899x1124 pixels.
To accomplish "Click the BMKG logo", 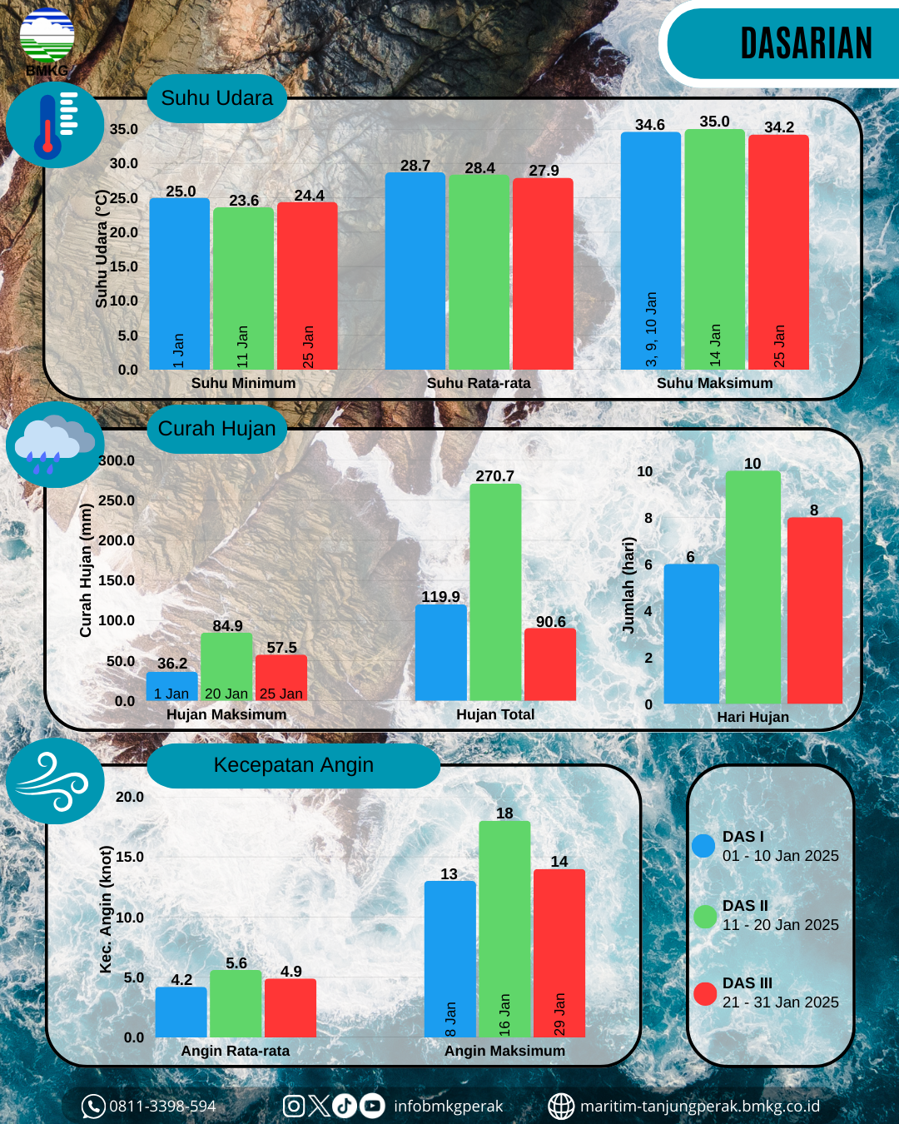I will [x=47, y=40].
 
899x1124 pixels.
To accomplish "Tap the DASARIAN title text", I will [x=806, y=44].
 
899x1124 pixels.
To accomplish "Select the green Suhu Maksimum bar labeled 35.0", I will [x=714, y=249].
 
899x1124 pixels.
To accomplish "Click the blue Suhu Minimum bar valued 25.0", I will [x=179, y=283].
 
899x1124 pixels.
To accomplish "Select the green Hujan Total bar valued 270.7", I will [x=495, y=592].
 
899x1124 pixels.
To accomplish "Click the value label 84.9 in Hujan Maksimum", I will [x=227, y=626].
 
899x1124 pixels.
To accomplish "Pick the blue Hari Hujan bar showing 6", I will [x=691, y=634].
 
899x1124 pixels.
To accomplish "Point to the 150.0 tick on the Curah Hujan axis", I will [x=117, y=580].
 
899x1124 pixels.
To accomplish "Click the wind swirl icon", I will [x=55, y=781].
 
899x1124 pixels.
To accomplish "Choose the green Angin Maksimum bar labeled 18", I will [x=504, y=928].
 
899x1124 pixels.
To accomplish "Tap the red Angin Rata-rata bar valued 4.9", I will [x=291, y=1007].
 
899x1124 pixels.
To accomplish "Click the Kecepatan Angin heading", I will [x=293, y=765].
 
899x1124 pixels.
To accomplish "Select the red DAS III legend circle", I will [x=705, y=993].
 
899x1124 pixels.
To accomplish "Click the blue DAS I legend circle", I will [x=703, y=847].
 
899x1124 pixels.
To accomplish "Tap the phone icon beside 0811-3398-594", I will [x=92, y=1107].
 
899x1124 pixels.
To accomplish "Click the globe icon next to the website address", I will [x=561, y=1107].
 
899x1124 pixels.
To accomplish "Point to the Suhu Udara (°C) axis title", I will [x=102, y=249].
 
